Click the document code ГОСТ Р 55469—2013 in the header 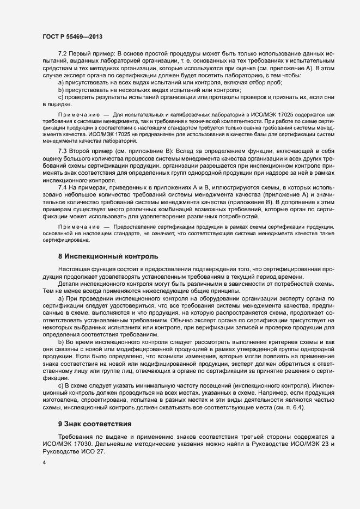click(x=72, y=36)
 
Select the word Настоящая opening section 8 click(x=76, y=269)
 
